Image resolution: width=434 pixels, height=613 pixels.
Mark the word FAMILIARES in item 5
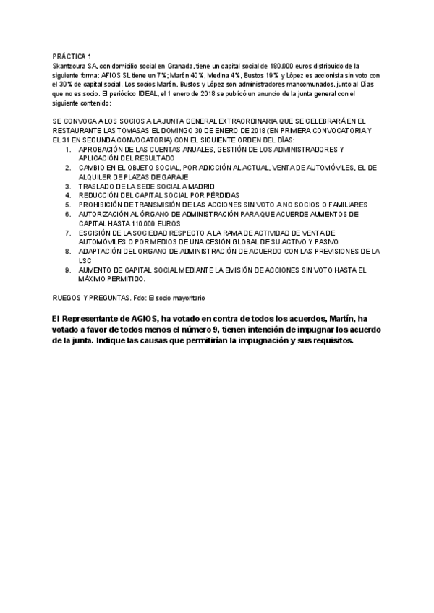point(343,205)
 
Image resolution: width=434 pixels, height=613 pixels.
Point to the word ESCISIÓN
point(96,233)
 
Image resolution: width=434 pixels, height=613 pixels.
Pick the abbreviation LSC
point(86,260)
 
